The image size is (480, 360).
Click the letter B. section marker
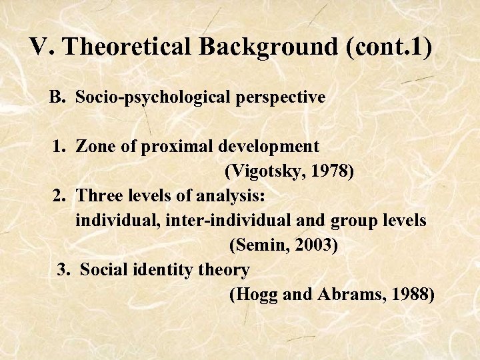[57, 97]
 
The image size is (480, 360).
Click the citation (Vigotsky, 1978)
[289, 171]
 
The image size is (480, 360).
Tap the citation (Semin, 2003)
[283, 245]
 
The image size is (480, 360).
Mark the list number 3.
[63, 270]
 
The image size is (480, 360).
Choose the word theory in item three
[226, 270]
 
